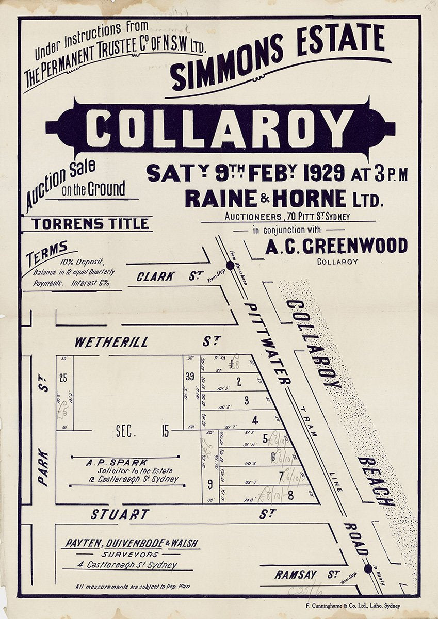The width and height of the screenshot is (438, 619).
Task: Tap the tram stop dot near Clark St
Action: pyautogui.click(x=230, y=265)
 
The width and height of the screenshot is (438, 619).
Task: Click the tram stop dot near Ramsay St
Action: pyautogui.click(x=368, y=568)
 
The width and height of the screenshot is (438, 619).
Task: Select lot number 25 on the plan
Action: pyautogui.click(x=63, y=378)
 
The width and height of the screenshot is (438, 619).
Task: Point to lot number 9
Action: pyautogui.click(x=210, y=484)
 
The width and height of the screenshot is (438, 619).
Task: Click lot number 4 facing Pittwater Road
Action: pyautogui.click(x=254, y=419)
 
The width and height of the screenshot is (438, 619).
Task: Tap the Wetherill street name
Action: pyautogui.click(x=111, y=342)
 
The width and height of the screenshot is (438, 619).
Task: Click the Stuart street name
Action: pyautogui.click(x=120, y=514)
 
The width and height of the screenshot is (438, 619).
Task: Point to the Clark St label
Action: pyautogui.click(x=155, y=276)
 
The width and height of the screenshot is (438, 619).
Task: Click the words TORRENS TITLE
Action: pyautogui.click(x=90, y=224)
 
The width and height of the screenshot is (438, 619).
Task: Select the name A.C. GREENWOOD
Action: pyautogui.click(x=336, y=247)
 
